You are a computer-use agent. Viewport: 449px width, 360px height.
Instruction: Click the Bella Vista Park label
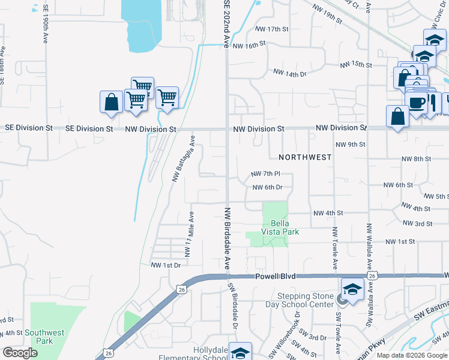[x=280, y=226]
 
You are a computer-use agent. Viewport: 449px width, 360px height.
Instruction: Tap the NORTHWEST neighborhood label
[x=305, y=157]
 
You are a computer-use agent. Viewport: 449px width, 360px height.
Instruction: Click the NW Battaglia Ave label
[x=184, y=158]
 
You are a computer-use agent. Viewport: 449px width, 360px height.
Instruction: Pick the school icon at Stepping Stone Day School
[x=353, y=289]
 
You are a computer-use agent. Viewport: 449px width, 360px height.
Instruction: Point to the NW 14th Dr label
[x=289, y=73]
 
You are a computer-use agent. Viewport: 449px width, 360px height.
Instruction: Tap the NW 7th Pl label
[x=265, y=173]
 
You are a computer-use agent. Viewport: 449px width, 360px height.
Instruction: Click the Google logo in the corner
[x=20, y=353]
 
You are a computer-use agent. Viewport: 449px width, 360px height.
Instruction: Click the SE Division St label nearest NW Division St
[x=89, y=128]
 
